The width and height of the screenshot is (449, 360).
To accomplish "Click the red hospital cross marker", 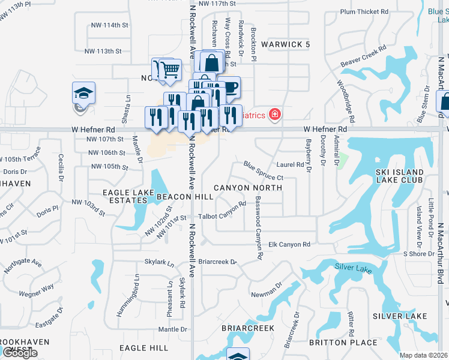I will click(275, 113).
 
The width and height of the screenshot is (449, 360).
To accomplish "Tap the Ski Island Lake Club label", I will click(399, 176).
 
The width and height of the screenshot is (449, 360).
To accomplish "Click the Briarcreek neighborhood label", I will click(248, 328).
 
